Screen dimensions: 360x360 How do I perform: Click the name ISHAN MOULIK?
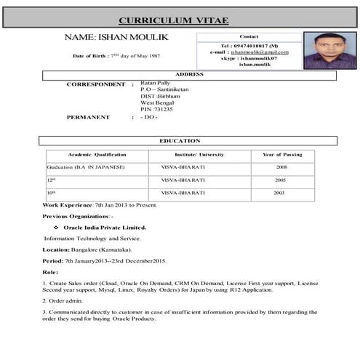[116, 36]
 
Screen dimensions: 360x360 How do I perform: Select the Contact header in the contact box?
[249, 36]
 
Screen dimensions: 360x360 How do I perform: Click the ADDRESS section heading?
[189, 74]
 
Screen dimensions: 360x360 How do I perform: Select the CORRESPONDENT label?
[95, 84]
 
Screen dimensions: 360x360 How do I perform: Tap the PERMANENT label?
[88, 116]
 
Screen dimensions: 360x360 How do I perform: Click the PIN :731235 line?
[156, 108]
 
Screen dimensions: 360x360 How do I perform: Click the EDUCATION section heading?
[180, 140]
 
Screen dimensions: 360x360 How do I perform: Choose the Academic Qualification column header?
[97, 155]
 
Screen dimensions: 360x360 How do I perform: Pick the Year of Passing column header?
[282, 155]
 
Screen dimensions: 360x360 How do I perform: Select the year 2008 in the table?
[281, 168]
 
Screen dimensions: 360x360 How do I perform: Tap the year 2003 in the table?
[279, 193]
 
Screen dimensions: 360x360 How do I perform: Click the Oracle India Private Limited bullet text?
[105, 227]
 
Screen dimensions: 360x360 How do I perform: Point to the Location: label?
[56, 249]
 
